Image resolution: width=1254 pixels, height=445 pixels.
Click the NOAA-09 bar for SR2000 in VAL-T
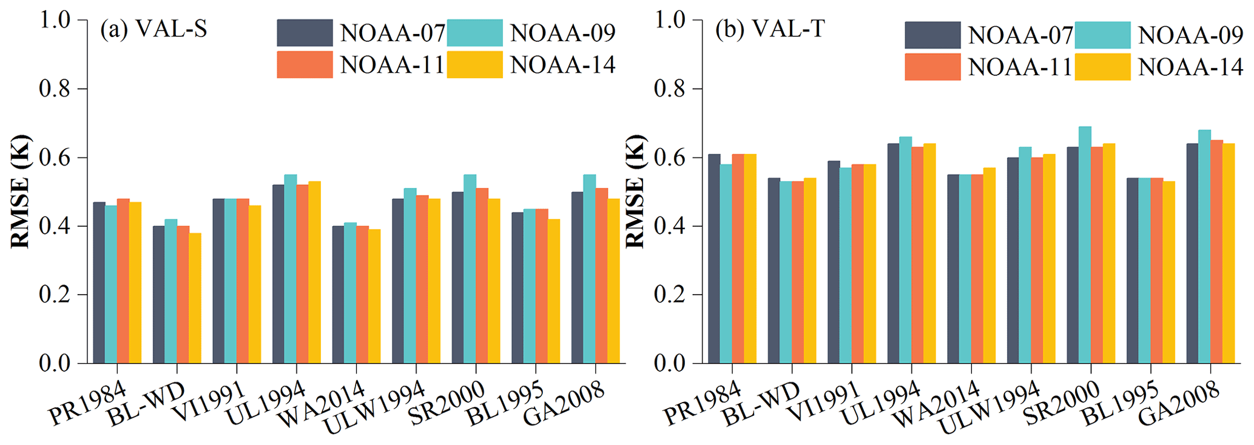[x=1085, y=245]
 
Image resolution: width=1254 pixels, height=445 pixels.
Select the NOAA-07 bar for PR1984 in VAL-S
[x=99, y=283]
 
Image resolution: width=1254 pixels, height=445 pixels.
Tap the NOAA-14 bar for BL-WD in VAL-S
[x=195, y=298]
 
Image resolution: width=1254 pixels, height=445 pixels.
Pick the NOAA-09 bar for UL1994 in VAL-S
[x=291, y=269]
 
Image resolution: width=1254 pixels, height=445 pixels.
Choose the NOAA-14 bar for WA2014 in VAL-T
[x=989, y=266]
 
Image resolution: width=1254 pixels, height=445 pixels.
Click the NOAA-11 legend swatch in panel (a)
[x=305, y=65]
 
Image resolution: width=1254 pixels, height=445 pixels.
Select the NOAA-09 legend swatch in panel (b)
[x=1102, y=35]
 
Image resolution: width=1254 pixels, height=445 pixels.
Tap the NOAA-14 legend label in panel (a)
[x=562, y=65]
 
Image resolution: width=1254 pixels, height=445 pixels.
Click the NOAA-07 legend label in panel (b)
[x=1020, y=35]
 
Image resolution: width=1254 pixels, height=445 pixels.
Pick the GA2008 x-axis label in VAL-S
[x=564, y=403]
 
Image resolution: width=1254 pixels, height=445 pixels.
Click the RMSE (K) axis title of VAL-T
[x=635, y=191]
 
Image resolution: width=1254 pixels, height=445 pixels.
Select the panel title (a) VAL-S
[x=153, y=29]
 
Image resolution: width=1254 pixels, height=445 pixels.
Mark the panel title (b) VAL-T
[x=769, y=29]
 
